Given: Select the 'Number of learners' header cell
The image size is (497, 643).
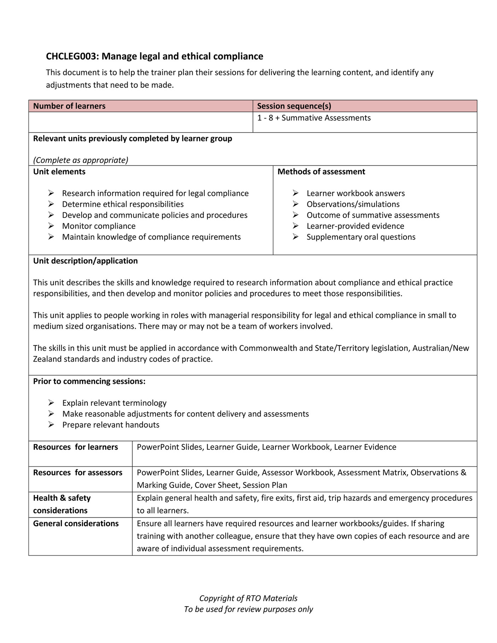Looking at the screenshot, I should click(x=69, y=106).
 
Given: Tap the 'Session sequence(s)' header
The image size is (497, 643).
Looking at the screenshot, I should click(x=294, y=106).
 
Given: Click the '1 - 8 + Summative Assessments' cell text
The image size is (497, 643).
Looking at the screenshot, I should click(x=314, y=118).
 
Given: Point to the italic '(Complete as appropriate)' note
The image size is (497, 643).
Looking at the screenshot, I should click(x=81, y=160).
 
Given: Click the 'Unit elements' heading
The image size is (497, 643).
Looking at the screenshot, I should click(x=59, y=172).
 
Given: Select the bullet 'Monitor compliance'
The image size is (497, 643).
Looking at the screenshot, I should click(x=99, y=226).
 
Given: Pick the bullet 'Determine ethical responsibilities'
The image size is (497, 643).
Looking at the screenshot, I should click(x=123, y=204).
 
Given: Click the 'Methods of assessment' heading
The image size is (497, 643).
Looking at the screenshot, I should click(x=321, y=172).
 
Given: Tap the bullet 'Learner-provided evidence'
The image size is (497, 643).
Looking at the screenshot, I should click(x=355, y=226).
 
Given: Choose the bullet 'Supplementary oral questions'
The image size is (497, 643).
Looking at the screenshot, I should click(x=361, y=237).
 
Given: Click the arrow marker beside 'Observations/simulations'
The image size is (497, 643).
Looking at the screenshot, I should click(x=296, y=204).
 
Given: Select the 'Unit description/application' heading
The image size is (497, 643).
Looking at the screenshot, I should click(x=86, y=261).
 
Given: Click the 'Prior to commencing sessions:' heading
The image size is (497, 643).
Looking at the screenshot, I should click(x=89, y=381).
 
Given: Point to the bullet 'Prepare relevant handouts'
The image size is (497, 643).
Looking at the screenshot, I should click(x=111, y=425).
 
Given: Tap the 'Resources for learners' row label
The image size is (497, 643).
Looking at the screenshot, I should click(x=75, y=447).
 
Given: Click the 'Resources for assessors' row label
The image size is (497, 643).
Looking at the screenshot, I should click(x=77, y=473).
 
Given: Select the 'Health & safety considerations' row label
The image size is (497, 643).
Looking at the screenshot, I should click(x=62, y=504).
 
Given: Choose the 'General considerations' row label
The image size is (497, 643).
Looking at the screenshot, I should click(x=76, y=524).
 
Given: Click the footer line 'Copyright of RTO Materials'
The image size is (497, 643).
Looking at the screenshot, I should click(x=248, y=598).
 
